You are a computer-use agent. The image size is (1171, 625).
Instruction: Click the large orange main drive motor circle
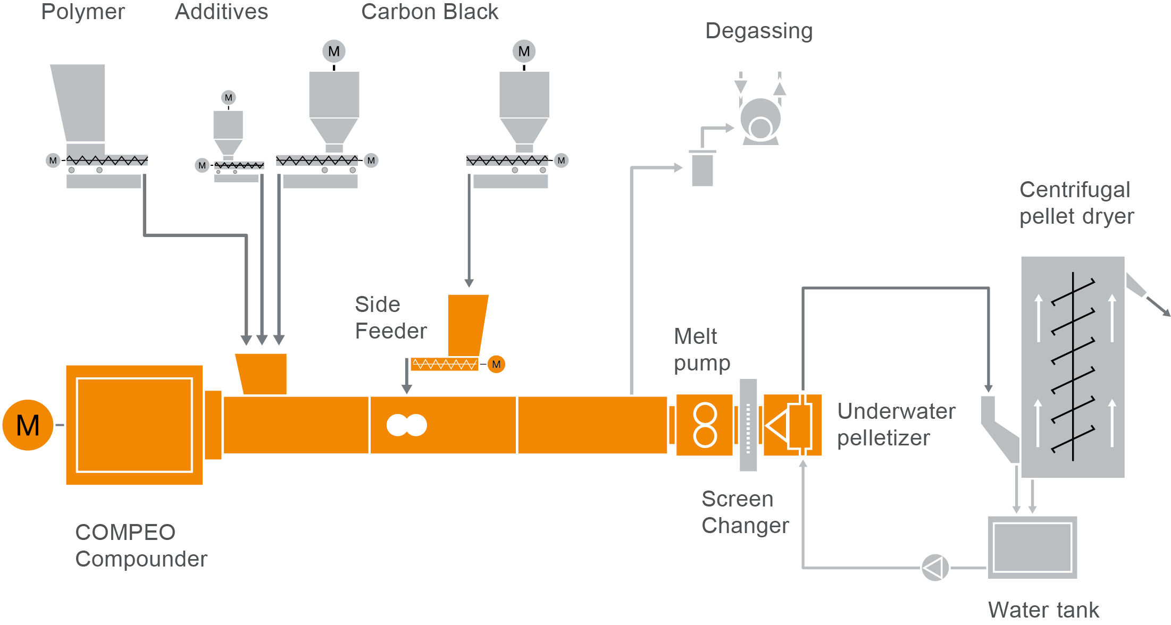click(x=28, y=425)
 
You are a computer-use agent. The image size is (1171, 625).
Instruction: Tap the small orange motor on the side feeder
click(x=496, y=365)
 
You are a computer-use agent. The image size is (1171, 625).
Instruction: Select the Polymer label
click(x=83, y=12)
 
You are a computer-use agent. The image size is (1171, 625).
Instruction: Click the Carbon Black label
click(x=430, y=12)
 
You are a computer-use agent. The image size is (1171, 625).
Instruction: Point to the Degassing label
click(x=759, y=31)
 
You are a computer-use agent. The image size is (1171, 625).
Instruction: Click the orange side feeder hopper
click(x=467, y=324)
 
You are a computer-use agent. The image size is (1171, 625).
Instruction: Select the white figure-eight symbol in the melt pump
click(x=705, y=425)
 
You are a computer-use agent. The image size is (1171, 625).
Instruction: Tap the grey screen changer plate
click(x=748, y=425)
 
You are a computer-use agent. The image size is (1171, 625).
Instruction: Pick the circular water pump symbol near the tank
click(x=935, y=568)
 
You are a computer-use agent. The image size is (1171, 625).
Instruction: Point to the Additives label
click(x=221, y=12)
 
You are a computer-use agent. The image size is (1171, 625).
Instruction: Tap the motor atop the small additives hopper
click(x=228, y=98)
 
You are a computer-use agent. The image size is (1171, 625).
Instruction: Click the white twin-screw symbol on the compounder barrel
click(x=406, y=425)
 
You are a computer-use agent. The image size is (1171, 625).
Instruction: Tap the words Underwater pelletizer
click(x=896, y=424)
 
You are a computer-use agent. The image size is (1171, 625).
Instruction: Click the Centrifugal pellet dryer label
click(x=1076, y=203)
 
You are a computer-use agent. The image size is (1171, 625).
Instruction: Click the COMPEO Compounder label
click(x=141, y=545)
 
